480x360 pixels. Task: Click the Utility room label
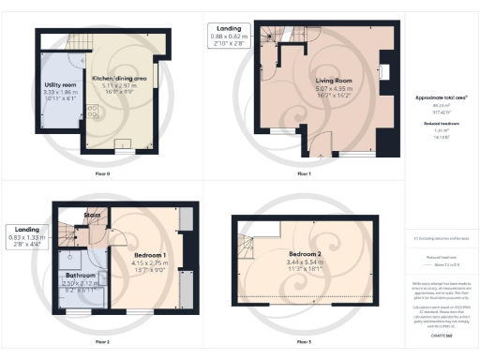coord(61,85)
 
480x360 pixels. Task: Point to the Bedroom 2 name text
coord(305,255)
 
